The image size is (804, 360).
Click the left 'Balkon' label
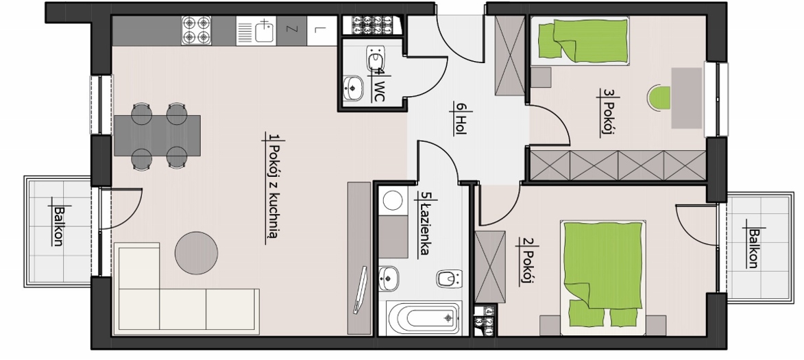(x=58, y=226)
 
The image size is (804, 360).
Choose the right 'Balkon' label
(x=753, y=248)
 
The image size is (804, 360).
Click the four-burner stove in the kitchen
(x=197, y=31)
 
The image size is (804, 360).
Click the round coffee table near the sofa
(x=197, y=252)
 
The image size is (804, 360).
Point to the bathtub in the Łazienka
(x=424, y=317)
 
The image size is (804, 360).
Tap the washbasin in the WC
(x=353, y=87)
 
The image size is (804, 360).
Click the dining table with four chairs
(x=158, y=135)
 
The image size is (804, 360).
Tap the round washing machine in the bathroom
(x=393, y=200)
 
